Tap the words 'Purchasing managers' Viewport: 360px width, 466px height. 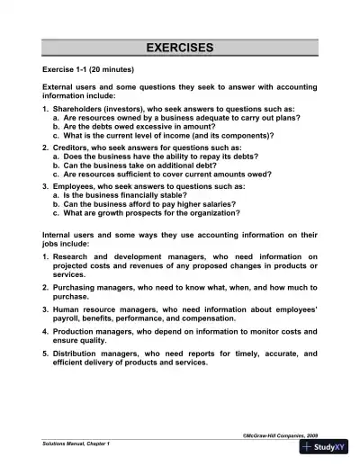click(x=94, y=288)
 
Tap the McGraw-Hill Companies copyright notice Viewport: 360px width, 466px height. click(x=280, y=435)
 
